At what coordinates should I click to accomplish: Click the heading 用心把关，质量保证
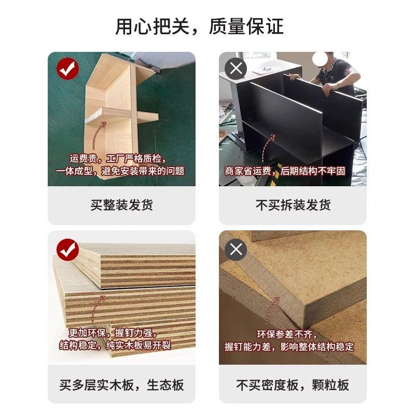[200, 26]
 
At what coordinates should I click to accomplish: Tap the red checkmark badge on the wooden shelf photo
[67, 68]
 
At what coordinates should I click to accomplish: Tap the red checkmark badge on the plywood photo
[67, 250]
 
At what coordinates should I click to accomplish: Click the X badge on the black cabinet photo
[236, 68]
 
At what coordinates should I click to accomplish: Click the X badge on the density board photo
[236, 250]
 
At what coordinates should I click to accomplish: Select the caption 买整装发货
[122, 205]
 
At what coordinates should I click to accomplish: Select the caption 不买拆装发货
[293, 205]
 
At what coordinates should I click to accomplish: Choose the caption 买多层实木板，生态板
[121, 385]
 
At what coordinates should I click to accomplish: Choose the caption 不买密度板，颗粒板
[293, 385]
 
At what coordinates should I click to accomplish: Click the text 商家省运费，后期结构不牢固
[285, 171]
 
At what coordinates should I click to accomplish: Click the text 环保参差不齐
[287, 335]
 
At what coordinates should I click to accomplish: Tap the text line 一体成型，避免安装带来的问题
[120, 171]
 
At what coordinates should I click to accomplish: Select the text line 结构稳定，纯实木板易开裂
[115, 345]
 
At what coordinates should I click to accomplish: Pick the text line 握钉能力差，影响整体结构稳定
[289, 347]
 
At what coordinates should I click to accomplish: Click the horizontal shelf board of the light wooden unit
[122, 116]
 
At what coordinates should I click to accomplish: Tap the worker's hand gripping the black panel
[327, 89]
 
